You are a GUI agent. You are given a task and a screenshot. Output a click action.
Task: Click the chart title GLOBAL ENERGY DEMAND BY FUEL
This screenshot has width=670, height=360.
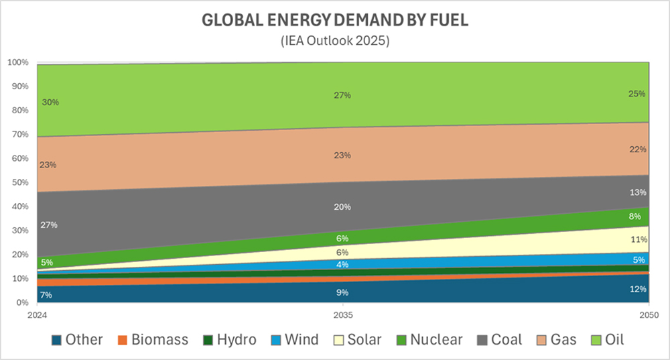tap(335, 20)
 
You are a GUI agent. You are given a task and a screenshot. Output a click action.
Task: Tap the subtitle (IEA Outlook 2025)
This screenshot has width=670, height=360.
tap(335, 40)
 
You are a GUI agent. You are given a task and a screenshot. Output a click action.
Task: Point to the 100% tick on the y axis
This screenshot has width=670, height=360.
tap(17, 62)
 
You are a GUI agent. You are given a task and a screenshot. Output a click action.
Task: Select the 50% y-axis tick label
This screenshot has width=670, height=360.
tap(19, 182)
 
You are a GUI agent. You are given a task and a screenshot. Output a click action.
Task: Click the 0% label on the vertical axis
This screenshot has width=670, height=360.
tap(21, 303)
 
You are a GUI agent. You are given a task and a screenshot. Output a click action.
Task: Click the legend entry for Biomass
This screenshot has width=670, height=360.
tap(153, 340)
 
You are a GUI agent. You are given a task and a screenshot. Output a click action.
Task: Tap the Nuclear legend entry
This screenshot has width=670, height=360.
tap(429, 340)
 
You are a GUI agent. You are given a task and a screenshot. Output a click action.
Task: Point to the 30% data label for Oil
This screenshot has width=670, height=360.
tap(50, 103)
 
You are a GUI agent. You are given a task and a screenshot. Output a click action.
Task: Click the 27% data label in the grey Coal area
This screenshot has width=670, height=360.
tap(49, 225)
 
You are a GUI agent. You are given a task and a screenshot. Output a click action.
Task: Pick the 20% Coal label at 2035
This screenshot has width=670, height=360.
tap(342, 207)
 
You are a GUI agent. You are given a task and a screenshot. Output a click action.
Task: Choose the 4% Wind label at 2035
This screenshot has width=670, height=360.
tap(342, 265)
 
